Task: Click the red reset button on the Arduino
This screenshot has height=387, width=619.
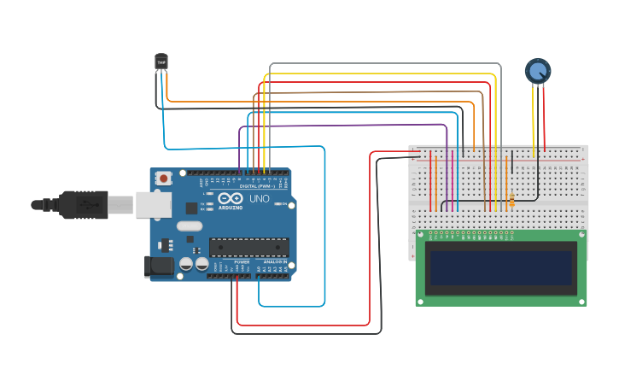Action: click(163, 179)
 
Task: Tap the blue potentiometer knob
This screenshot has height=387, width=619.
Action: click(538, 71)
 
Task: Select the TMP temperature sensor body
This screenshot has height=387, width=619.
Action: click(161, 62)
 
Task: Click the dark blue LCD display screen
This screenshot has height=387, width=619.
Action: click(500, 267)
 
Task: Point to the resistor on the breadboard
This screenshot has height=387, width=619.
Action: click(511, 201)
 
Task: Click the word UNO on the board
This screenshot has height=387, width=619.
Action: click(260, 199)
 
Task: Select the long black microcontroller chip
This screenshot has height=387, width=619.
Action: click(248, 247)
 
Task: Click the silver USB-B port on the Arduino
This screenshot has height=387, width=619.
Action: click(152, 204)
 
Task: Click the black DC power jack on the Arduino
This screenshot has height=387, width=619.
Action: click(159, 266)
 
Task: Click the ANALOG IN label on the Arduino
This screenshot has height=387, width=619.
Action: click(275, 261)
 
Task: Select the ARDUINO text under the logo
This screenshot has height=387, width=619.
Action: click(231, 208)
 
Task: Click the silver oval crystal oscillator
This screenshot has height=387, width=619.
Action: click(190, 226)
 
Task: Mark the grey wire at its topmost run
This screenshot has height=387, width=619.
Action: click(384, 64)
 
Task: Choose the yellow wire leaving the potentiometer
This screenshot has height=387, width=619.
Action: click(534, 120)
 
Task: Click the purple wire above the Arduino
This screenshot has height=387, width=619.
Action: click(342, 126)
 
